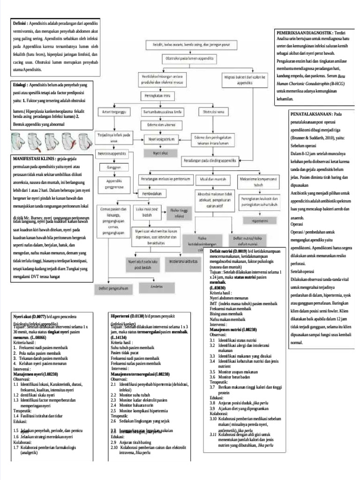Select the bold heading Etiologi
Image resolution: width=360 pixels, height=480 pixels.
click(20, 86)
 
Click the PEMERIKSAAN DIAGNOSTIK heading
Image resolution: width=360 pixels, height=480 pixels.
click(305, 32)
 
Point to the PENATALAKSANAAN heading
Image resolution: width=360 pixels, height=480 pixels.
click(311, 114)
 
